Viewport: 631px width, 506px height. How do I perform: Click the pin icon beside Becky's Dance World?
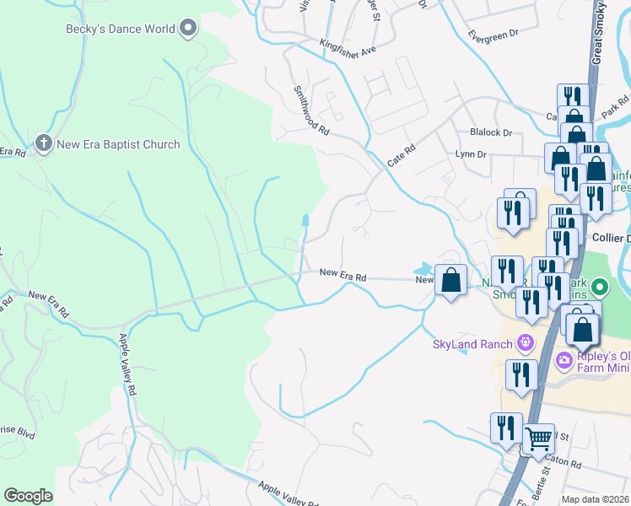189,30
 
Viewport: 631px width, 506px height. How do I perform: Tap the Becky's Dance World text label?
121,30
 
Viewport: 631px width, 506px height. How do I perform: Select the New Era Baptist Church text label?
118,144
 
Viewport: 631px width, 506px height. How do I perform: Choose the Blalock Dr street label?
493,132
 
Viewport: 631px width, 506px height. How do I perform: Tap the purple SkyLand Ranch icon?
526,342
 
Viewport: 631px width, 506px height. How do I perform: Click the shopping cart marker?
537,437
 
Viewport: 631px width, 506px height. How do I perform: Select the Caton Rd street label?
563,462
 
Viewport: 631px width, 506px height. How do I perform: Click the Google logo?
28,495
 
